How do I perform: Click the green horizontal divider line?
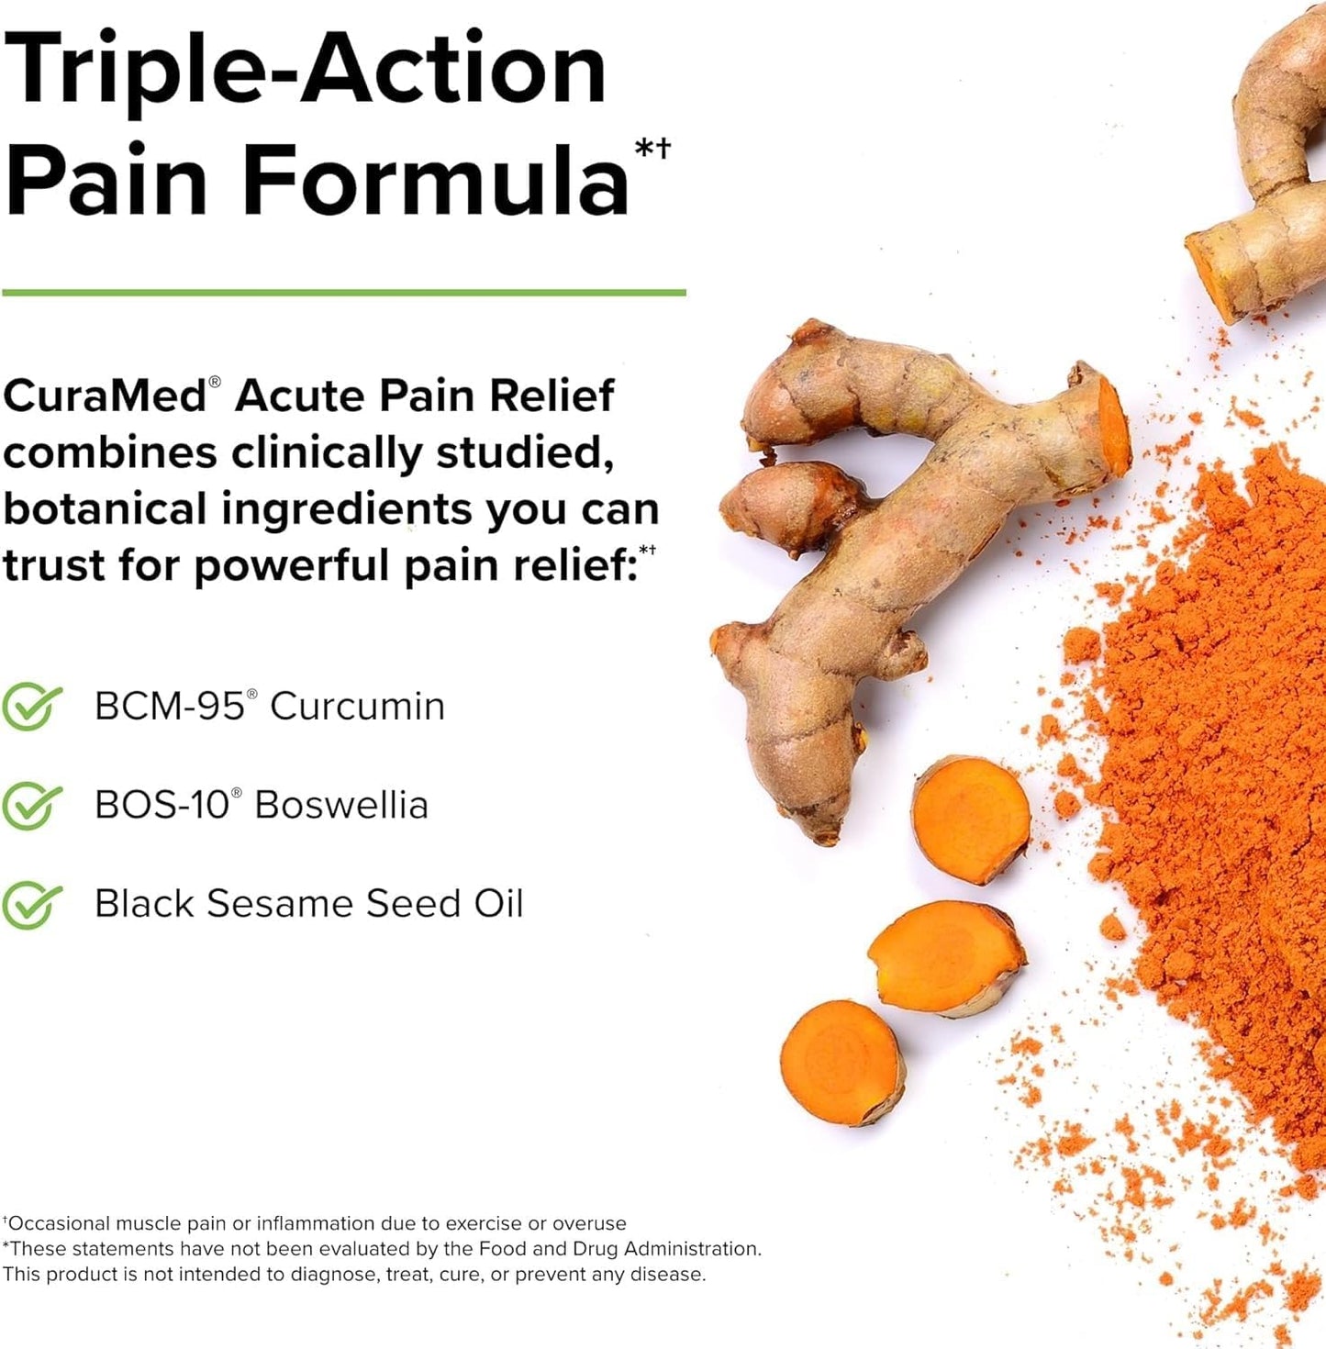click(x=344, y=293)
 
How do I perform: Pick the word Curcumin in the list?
click(x=357, y=707)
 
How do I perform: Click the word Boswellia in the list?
click(x=341, y=806)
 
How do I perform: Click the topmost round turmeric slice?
click(x=971, y=819)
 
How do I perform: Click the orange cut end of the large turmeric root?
click(x=1112, y=427)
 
